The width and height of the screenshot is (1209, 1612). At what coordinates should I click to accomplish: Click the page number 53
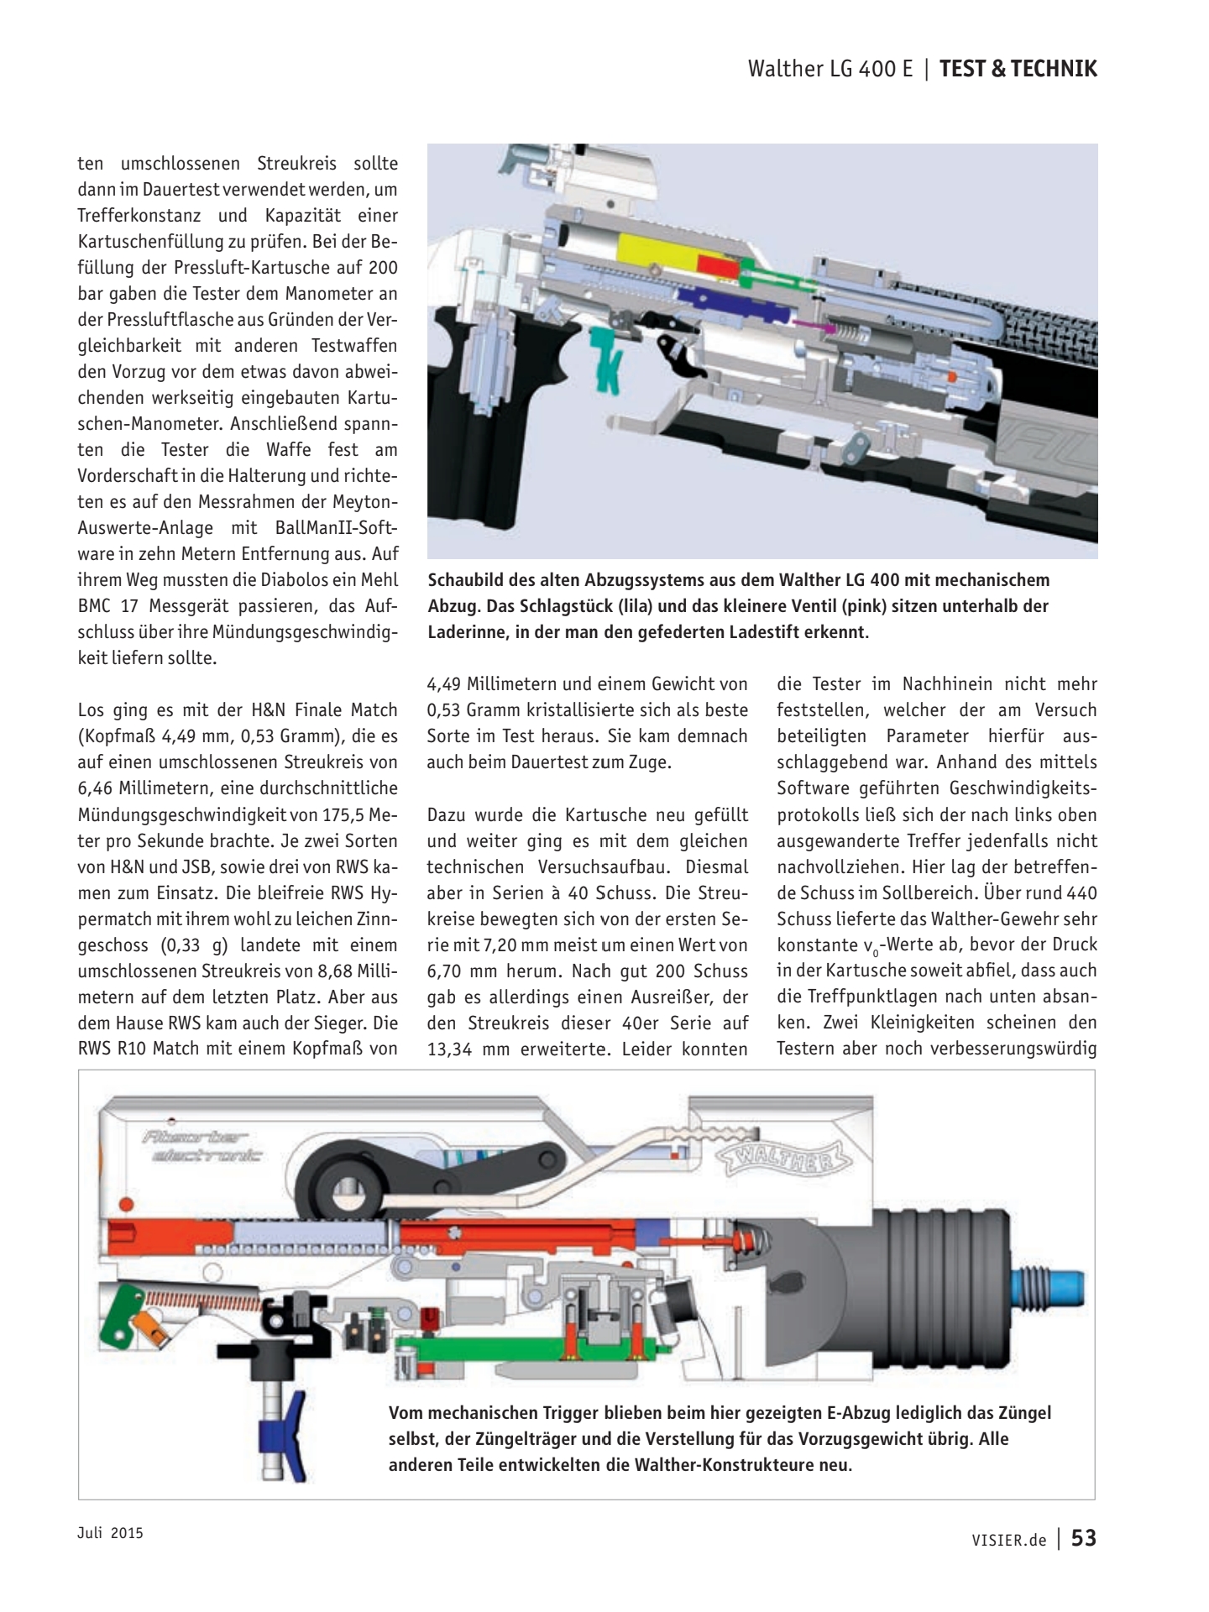pos(1084,1537)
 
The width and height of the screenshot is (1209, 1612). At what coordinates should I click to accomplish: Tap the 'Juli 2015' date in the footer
pos(110,1532)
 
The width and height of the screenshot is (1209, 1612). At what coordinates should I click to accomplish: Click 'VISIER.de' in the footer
pos(1008,1539)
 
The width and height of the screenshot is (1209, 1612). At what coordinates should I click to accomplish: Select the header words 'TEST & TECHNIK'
pos(1018,69)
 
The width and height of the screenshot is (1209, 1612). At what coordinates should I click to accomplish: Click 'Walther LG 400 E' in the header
pos(830,69)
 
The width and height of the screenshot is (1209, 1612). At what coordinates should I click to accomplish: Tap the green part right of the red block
pos(768,272)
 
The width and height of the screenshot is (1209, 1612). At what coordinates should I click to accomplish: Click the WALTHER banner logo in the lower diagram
pos(782,1159)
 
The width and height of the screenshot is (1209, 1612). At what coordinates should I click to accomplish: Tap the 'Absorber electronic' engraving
pos(201,1147)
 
